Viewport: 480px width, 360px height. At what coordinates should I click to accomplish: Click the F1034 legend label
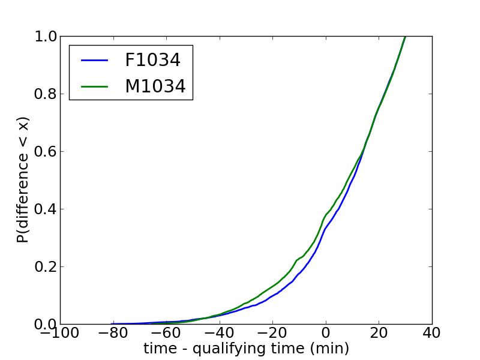[x=152, y=60]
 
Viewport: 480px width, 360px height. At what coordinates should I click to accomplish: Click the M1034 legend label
[x=155, y=86]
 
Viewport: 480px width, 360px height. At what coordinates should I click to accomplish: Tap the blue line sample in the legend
[x=93, y=60]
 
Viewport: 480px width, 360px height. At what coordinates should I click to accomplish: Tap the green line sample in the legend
[x=93, y=86]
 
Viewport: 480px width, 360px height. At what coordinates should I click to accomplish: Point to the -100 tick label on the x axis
[x=60, y=333]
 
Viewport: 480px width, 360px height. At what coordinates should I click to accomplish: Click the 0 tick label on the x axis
[x=326, y=333]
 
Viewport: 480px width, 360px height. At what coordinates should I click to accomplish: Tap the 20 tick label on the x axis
[x=379, y=333]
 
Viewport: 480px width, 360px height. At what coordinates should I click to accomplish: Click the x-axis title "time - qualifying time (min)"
[x=246, y=349]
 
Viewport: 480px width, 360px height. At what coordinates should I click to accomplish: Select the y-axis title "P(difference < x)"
[x=23, y=181]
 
